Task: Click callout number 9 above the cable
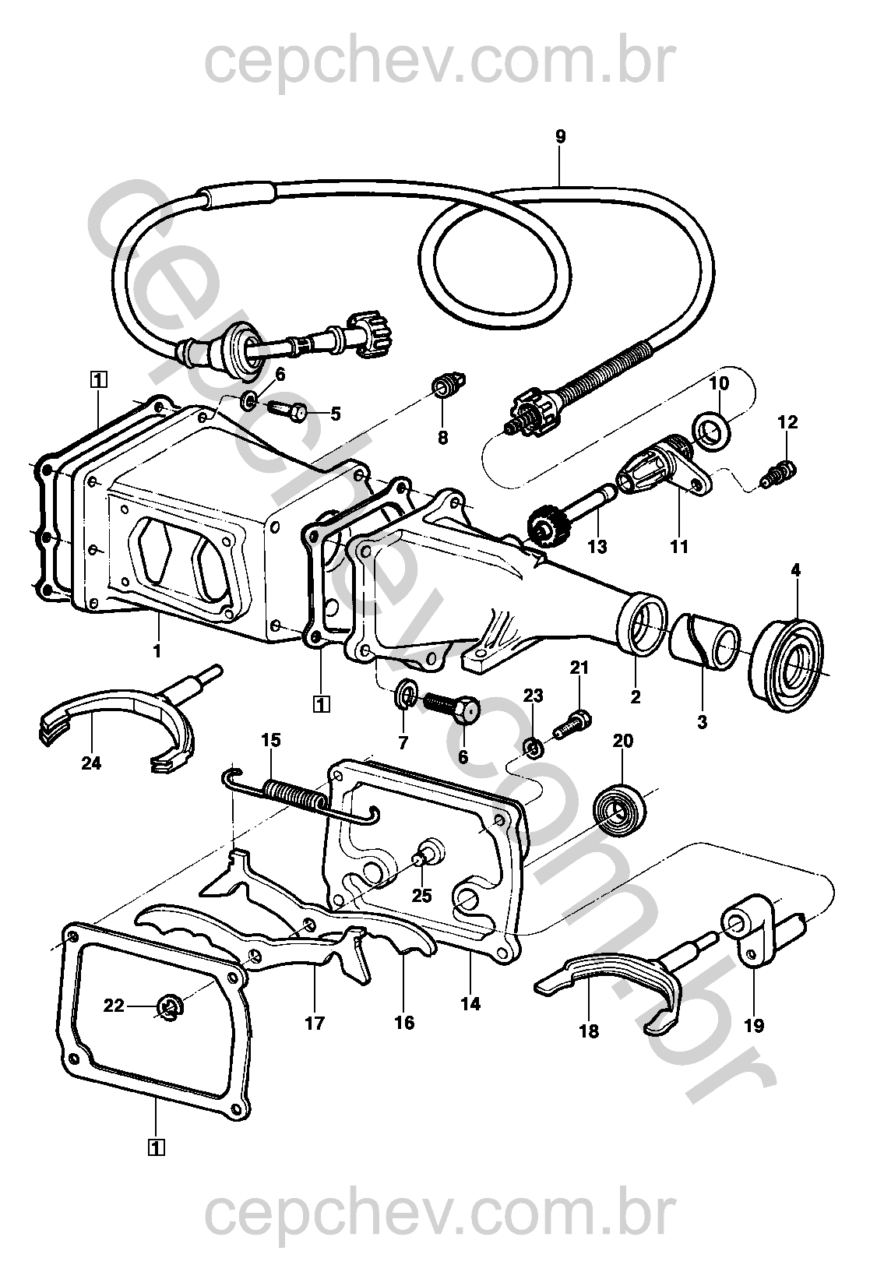pyautogui.click(x=561, y=137)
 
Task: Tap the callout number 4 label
pyautogui.click(x=795, y=570)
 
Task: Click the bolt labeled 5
pyautogui.click(x=289, y=409)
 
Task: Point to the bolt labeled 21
pyautogui.click(x=573, y=723)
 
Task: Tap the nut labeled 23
pyautogui.click(x=533, y=749)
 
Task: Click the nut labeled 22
pyautogui.click(x=169, y=1007)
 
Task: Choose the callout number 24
pyautogui.click(x=91, y=763)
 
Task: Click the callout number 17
pyautogui.click(x=315, y=1023)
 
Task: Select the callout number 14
pyautogui.click(x=470, y=1004)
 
